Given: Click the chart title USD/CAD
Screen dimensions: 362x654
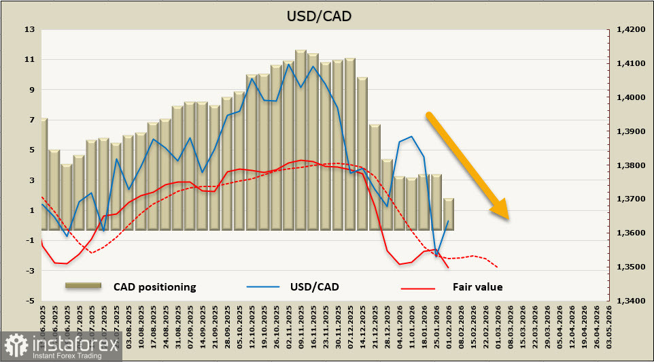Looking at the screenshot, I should [327, 16].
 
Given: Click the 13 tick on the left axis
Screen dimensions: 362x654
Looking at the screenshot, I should [29, 29].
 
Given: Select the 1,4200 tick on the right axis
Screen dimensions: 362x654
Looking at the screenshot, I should [629, 29].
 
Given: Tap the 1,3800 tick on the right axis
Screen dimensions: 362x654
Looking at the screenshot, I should [629, 165].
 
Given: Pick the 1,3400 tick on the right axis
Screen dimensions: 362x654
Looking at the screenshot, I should [629, 300].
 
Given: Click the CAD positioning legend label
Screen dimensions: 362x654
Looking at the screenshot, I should [154, 286].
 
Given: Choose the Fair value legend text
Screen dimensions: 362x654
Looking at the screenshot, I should [477, 286].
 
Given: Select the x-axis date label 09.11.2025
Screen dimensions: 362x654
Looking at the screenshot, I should [301, 325].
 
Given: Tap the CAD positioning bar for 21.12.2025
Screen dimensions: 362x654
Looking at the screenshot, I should [375, 178].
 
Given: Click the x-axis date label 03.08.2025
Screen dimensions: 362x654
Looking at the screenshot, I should [127, 325].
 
